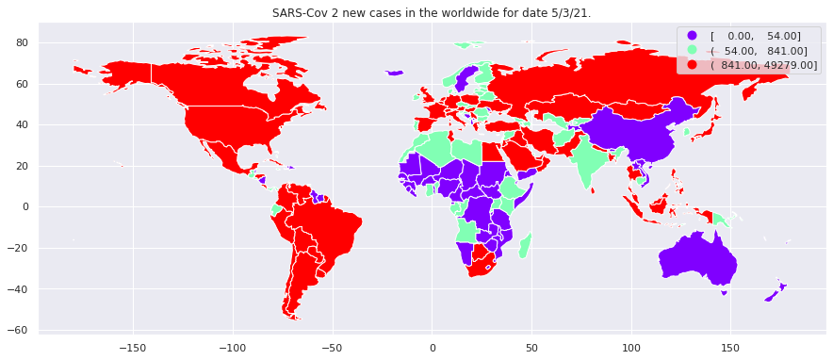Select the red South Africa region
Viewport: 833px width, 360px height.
tap(482, 263)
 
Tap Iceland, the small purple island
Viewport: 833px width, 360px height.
tap(395, 73)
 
